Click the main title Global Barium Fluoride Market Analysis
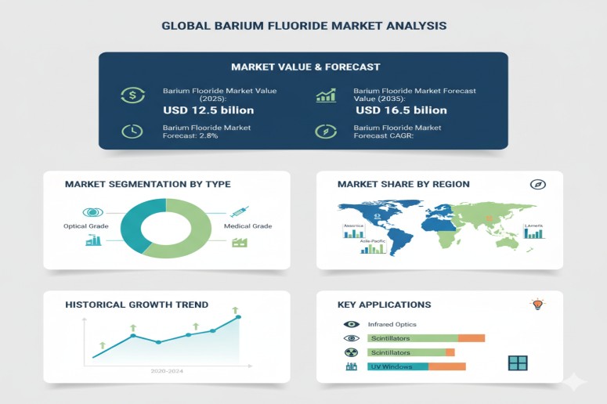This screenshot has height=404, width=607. [304, 26]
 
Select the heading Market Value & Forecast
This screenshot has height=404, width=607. [303, 67]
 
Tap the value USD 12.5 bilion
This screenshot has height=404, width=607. [208, 110]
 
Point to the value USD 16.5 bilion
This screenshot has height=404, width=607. [401, 110]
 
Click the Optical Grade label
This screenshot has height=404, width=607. [85, 226]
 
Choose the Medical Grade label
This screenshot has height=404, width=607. [247, 226]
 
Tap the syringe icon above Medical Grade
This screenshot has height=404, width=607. [240, 211]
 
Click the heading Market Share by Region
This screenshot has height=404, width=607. [403, 184]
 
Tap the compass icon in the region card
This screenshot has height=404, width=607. [537, 184]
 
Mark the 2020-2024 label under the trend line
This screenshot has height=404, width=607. [167, 371]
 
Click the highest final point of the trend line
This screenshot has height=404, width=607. [238, 317]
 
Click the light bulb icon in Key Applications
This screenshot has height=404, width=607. [537, 305]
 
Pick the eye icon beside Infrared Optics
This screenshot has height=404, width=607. [351, 324]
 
